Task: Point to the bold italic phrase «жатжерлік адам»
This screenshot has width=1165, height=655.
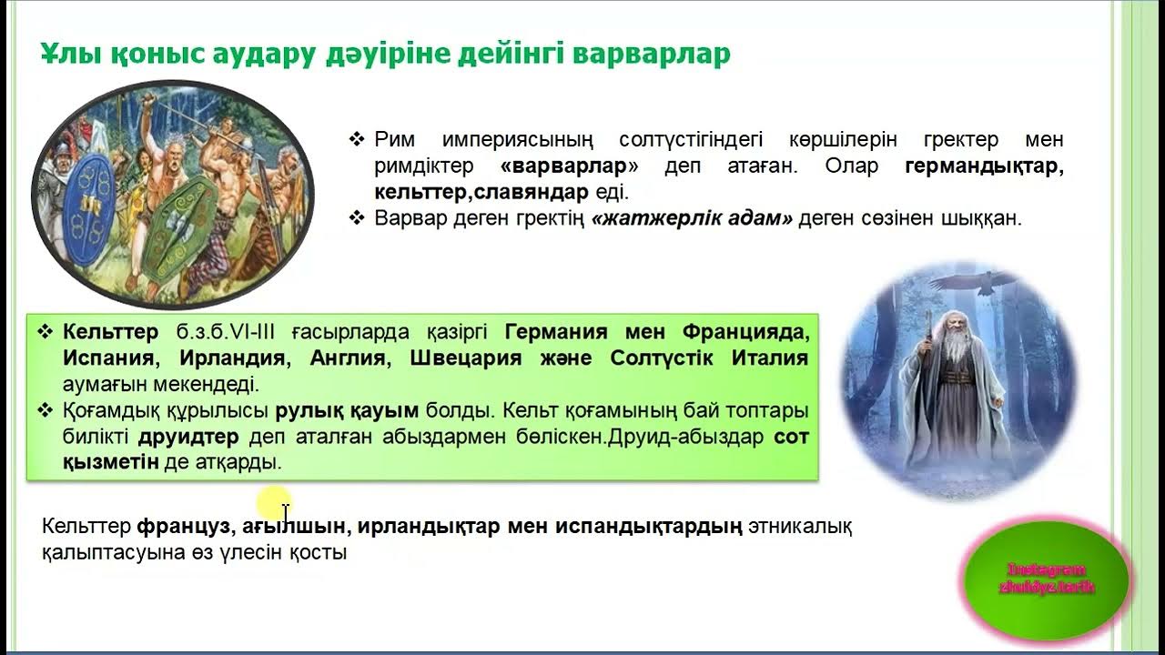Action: [692, 219]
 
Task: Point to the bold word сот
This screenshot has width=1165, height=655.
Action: [791, 437]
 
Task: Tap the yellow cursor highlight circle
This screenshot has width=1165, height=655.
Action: [274, 504]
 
